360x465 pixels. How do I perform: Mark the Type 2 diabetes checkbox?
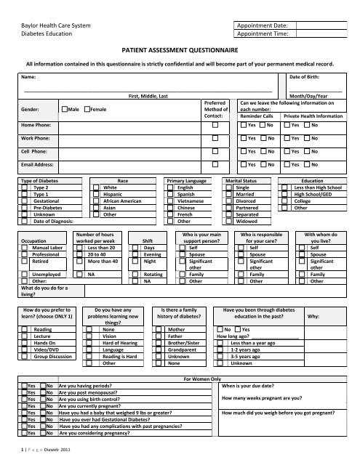pyautogui.click(x=24, y=187)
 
